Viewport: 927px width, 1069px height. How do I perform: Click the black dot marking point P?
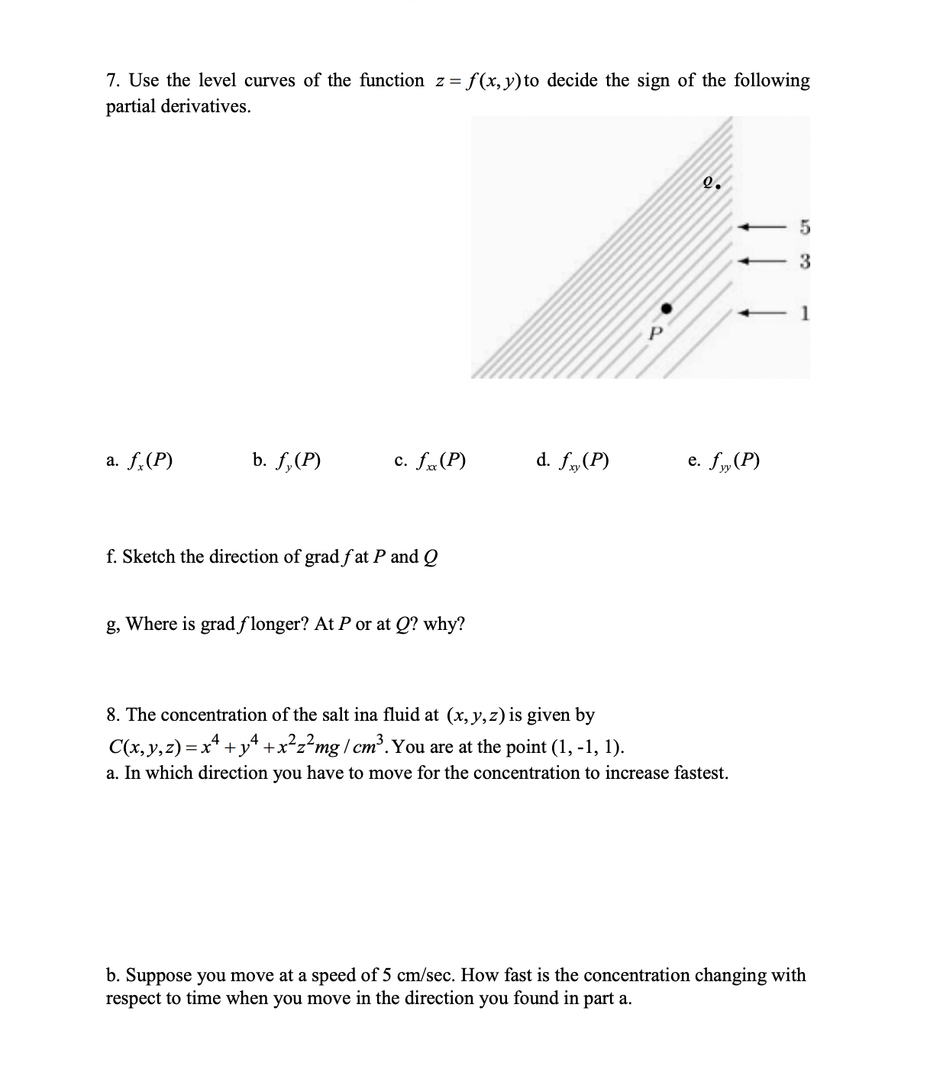coord(666,308)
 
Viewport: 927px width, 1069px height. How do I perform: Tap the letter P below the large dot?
coord(654,334)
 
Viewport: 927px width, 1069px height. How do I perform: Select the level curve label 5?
coord(804,227)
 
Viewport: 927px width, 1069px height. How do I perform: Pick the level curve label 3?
coord(804,261)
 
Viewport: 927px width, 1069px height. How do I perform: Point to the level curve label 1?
coord(805,313)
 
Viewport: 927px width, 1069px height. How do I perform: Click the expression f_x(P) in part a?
coord(150,460)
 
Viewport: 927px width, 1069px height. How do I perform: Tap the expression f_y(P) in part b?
coord(298,460)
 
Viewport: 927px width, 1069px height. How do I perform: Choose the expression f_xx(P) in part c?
coord(441,460)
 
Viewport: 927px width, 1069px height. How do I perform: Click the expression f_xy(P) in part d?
coord(584,460)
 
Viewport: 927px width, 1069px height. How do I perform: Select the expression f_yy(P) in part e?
coord(735,460)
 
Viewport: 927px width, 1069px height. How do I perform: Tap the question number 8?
coord(113,715)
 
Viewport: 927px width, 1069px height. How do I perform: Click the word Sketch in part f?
coord(149,557)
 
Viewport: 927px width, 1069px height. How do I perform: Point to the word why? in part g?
coord(444,624)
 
